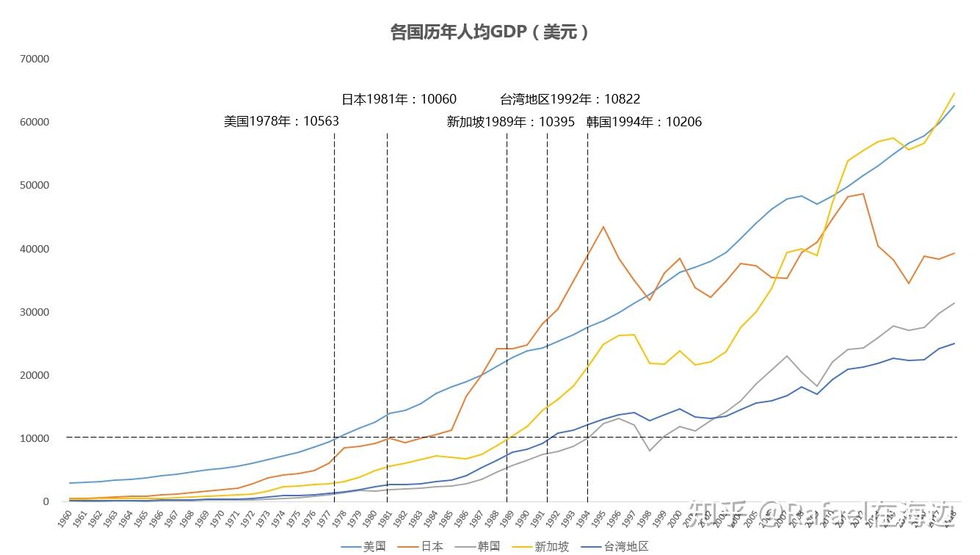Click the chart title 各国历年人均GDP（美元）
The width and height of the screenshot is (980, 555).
(x=490, y=32)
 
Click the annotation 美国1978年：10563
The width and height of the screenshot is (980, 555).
(x=281, y=121)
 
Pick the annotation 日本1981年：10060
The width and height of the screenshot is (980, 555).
(x=399, y=99)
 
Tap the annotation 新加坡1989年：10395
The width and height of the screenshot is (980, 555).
(x=510, y=122)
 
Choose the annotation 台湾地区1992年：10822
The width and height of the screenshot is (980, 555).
(x=570, y=99)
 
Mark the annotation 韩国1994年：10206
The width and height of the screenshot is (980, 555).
(x=644, y=122)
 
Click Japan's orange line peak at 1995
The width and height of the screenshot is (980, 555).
(x=603, y=227)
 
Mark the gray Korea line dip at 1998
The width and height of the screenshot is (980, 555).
(x=649, y=451)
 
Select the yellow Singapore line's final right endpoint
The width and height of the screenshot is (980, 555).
(x=954, y=93)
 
